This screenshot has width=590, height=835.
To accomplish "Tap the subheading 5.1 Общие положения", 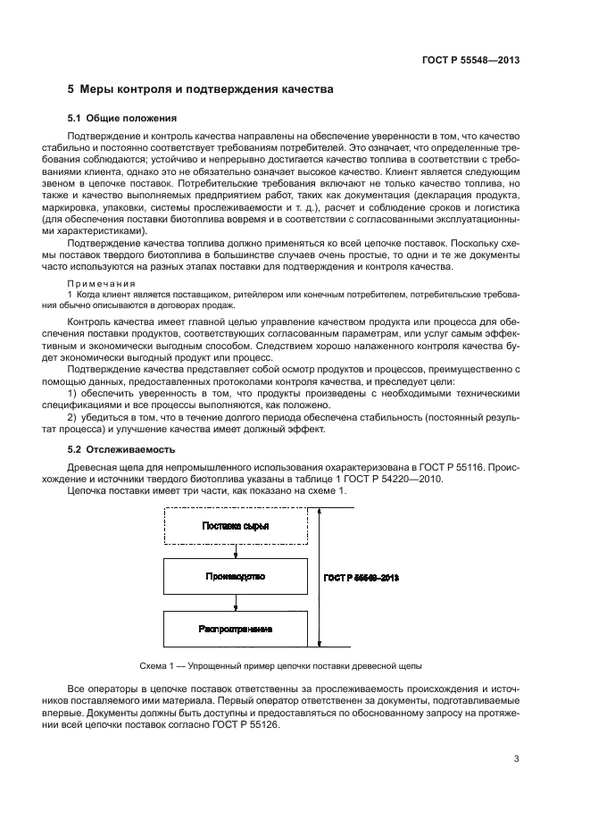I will (x=122, y=118).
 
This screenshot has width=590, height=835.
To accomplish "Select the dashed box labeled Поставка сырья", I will (x=236, y=525).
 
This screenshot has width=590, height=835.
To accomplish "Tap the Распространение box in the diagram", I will (x=236, y=629).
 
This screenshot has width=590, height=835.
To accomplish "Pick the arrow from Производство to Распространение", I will (x=236, y=603).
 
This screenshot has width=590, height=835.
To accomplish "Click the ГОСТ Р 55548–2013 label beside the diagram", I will (x=361, y=578).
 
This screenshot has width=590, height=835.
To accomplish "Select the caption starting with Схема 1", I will (x=281, y=666).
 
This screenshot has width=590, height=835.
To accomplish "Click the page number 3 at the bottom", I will (x=516, y=759).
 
